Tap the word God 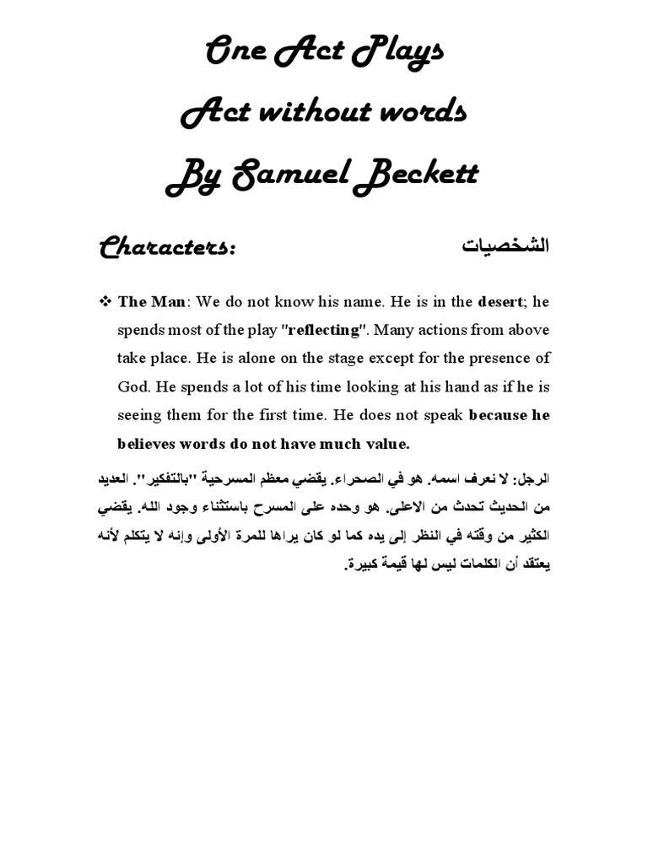pyautogui.click(x=132, y=386)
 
